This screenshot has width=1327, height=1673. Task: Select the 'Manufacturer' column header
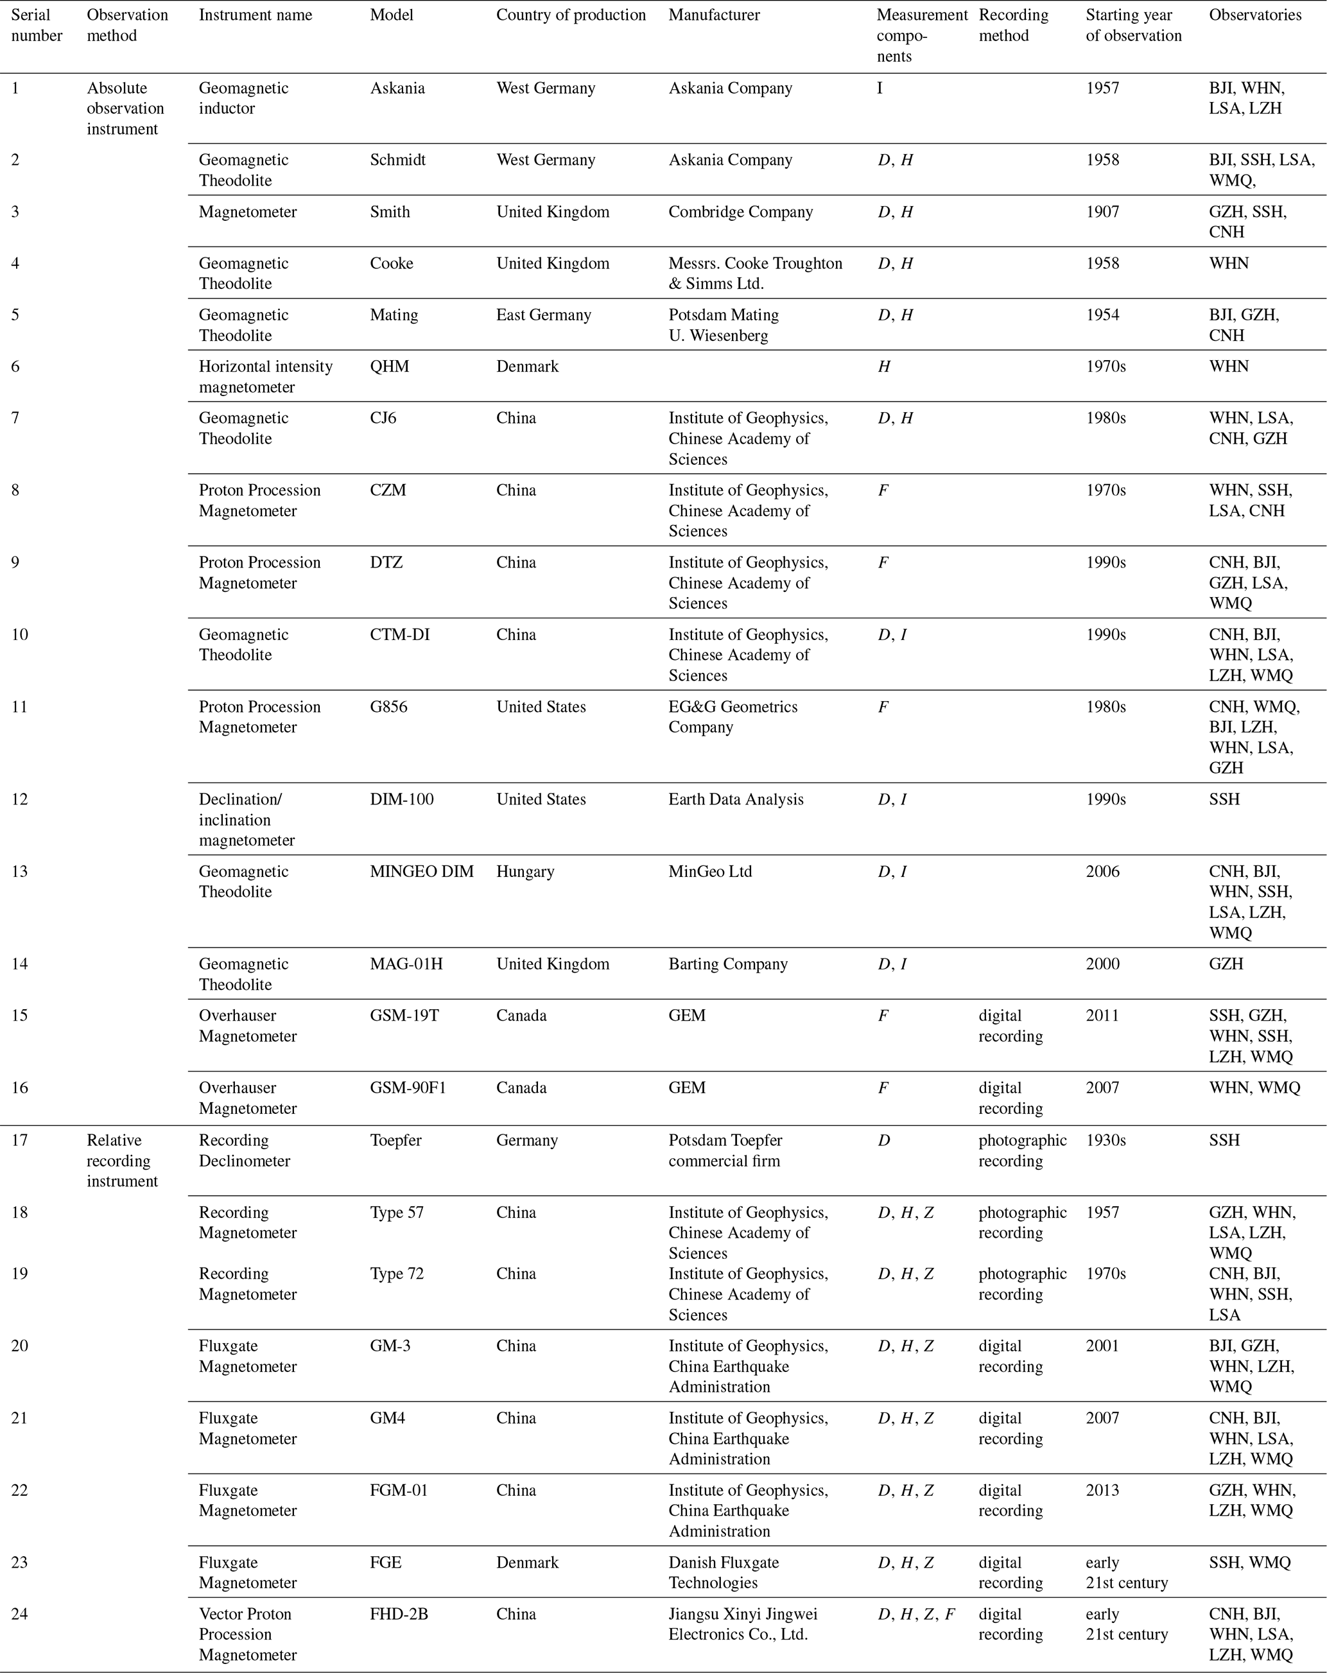714,15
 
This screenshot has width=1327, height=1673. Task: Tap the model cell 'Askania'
397,89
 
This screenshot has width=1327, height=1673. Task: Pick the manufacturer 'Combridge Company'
740,212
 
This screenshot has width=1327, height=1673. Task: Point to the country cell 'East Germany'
543,315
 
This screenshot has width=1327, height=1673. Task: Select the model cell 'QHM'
389,367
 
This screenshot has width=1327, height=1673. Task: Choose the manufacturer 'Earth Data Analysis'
736,799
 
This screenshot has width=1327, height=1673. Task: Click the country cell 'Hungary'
525,871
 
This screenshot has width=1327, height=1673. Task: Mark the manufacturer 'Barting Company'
728,964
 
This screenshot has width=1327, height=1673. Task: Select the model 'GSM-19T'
404,1016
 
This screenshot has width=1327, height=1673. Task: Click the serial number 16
19,1088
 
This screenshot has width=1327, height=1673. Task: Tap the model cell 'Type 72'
397,1274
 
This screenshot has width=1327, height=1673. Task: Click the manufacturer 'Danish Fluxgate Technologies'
724,1573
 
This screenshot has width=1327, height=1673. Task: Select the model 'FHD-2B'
399,1614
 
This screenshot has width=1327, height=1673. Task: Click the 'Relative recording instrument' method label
122,1161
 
